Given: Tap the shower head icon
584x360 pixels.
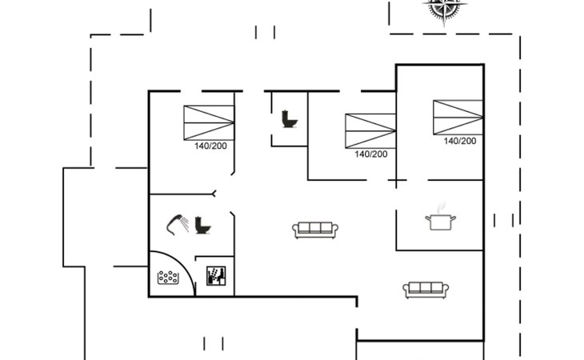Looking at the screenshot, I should pyautogui.click(x=174, y=221).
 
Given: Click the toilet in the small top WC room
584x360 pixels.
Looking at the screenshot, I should pyautogui.click(x=289, y=119).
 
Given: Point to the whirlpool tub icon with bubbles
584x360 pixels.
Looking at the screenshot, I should pyautogui.click(x=168, y=278).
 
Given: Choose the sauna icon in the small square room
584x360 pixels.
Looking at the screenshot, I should pyautogui.click(x=217, y=276).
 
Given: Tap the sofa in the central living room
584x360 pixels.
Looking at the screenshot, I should pyautogui.click(x=316, y=230).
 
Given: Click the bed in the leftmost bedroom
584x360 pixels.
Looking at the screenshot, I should pyautogui.click(x=209, y=122).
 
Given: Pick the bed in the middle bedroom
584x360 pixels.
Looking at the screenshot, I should pyautogui.click(x=370, y=130).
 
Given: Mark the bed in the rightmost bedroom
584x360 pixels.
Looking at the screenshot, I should pyautogui.click(x=458, y=117).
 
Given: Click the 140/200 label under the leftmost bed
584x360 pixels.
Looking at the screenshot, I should pyautogui.click(x=211, y=146).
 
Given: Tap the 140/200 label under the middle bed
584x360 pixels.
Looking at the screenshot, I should pyautogui.click(x=371, y=154).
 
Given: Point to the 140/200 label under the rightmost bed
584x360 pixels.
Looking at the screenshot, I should pyautogui.click(x=460, y=141).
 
